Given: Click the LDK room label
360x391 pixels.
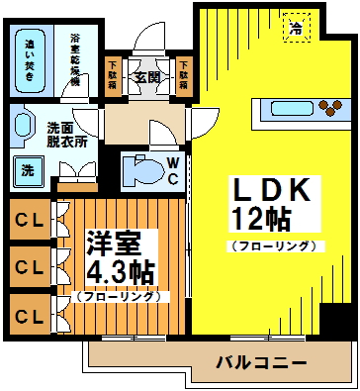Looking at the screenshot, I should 264,190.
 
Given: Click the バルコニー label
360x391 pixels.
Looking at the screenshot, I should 261,364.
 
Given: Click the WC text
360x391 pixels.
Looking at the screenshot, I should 171,170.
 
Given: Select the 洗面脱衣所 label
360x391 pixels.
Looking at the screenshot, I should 67,134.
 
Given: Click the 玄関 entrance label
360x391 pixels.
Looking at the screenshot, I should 147,77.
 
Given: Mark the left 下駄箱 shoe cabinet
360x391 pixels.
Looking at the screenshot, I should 113,76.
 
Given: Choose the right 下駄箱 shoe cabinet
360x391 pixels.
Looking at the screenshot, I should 183,76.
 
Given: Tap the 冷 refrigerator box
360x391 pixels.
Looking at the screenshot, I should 296,28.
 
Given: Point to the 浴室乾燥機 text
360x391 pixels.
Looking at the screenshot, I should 75,58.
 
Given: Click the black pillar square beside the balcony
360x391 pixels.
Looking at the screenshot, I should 339,321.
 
